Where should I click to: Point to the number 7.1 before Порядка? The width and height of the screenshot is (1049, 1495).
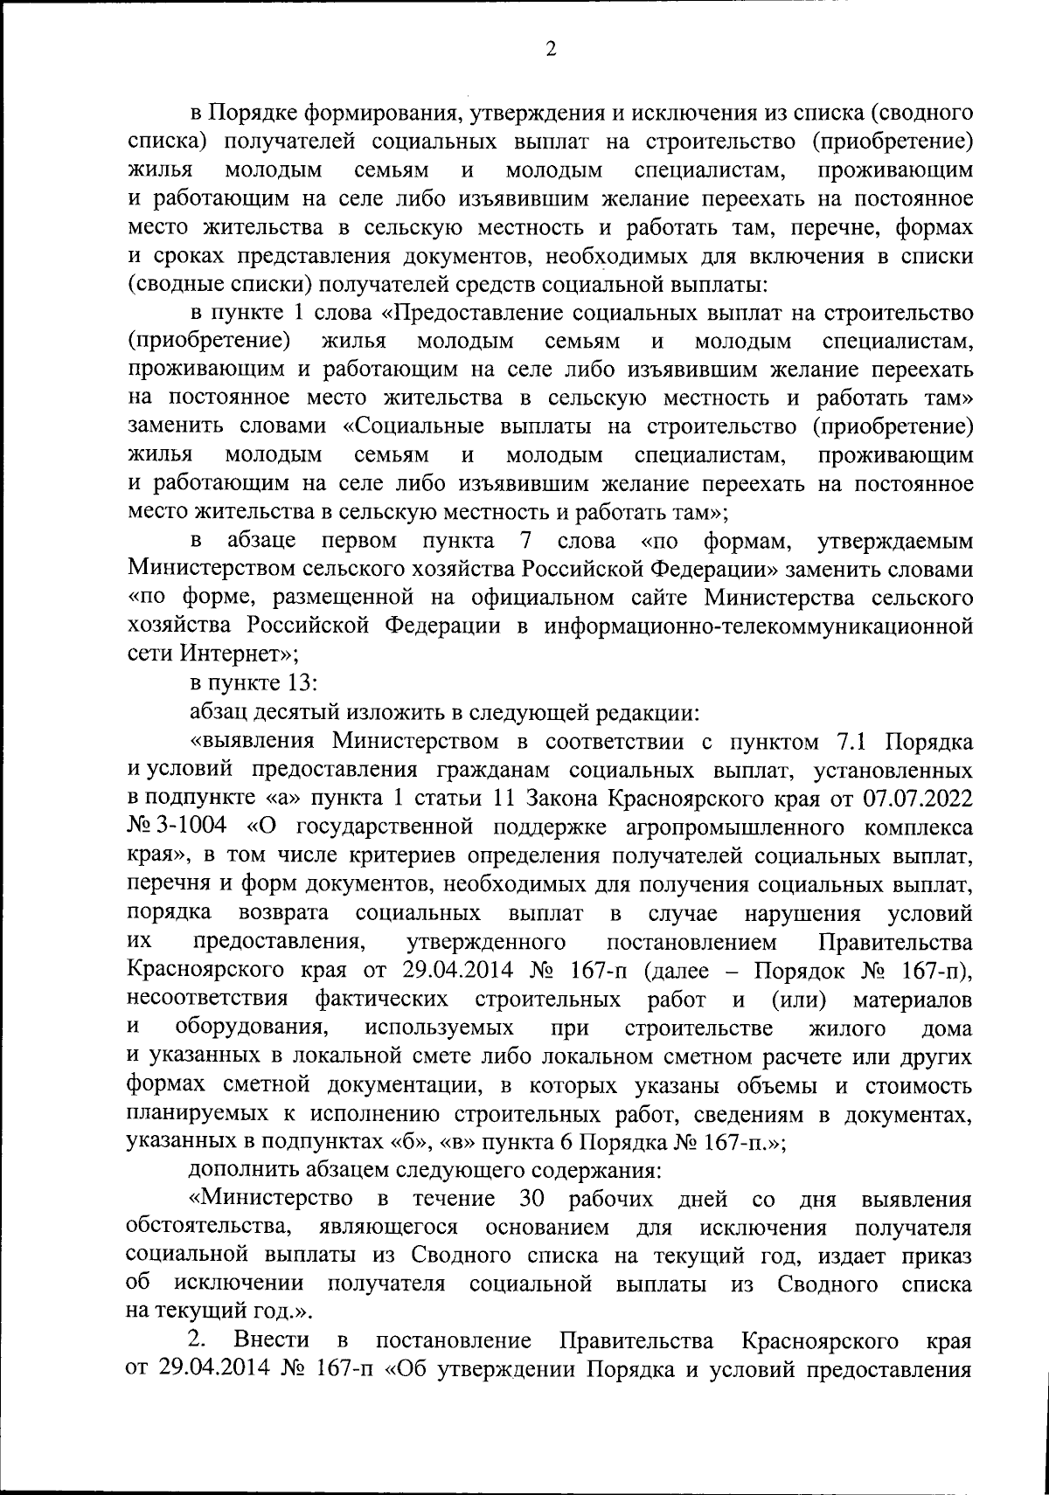point(847,742)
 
